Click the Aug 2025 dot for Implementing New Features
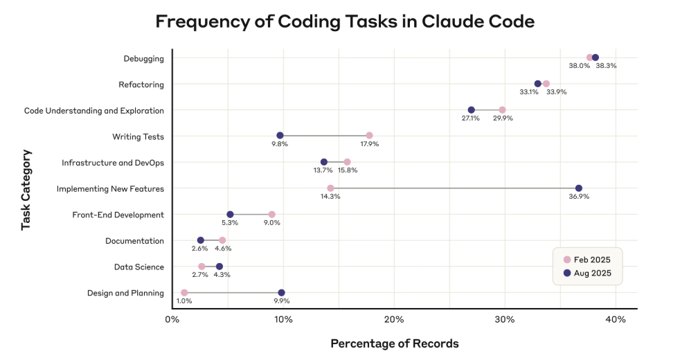[579, 188]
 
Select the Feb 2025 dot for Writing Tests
[369, 136]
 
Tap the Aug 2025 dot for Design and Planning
[281, 293]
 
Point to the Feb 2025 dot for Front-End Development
[271, 215]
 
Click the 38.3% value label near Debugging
[606, 66]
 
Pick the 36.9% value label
[579, 197]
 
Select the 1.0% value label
[184, 301]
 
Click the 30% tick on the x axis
[505, 319]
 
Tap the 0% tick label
[172, 319]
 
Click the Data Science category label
[138, 267]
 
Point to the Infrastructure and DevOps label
[113, 163]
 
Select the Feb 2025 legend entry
[587, 260]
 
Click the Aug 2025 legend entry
[587, 273]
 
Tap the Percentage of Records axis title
[394, 343]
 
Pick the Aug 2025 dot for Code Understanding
[472, 110]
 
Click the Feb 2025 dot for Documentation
[222, 240]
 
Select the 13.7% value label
[324, 170]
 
